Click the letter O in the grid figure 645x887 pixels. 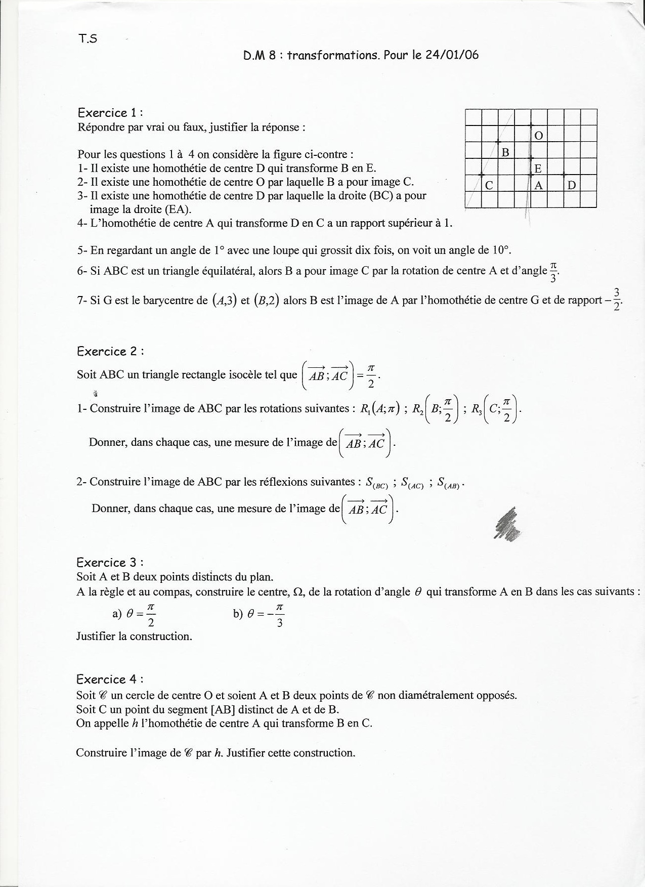tap(539, 135)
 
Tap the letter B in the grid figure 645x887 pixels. tap(505, 152)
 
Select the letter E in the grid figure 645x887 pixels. tap(538, 168)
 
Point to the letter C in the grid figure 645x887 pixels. tap(489, 185)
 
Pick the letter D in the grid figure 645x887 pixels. tap(572, 185)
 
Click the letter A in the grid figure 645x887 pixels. tap(538, 185)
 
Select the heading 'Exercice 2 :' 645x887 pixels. tap(107, 351)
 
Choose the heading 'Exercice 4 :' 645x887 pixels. tap(107, 679)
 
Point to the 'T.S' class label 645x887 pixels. tap(88, 39)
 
